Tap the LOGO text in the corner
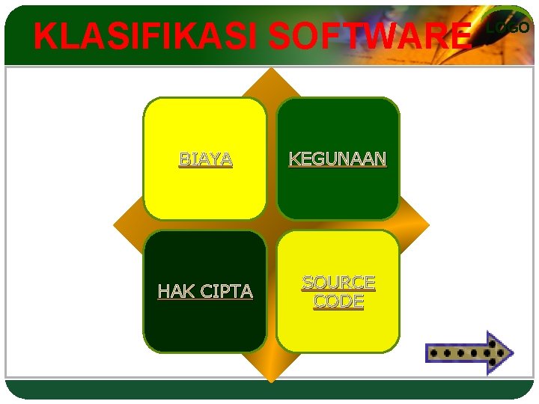[508, 28]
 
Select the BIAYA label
[205, 159]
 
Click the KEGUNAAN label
[338, 159]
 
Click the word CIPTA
[226, 292]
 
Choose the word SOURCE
[338, 283]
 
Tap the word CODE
[338, 302]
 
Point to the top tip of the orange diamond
[271, 69]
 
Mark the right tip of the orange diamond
[429, 224]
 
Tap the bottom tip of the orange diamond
[271, 381]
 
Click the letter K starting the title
[43, 36]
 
